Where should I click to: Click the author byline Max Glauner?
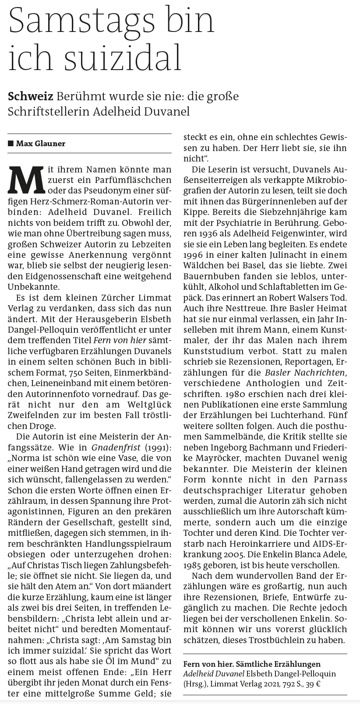pos(41,144)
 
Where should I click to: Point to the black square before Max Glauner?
pos(11,144)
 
